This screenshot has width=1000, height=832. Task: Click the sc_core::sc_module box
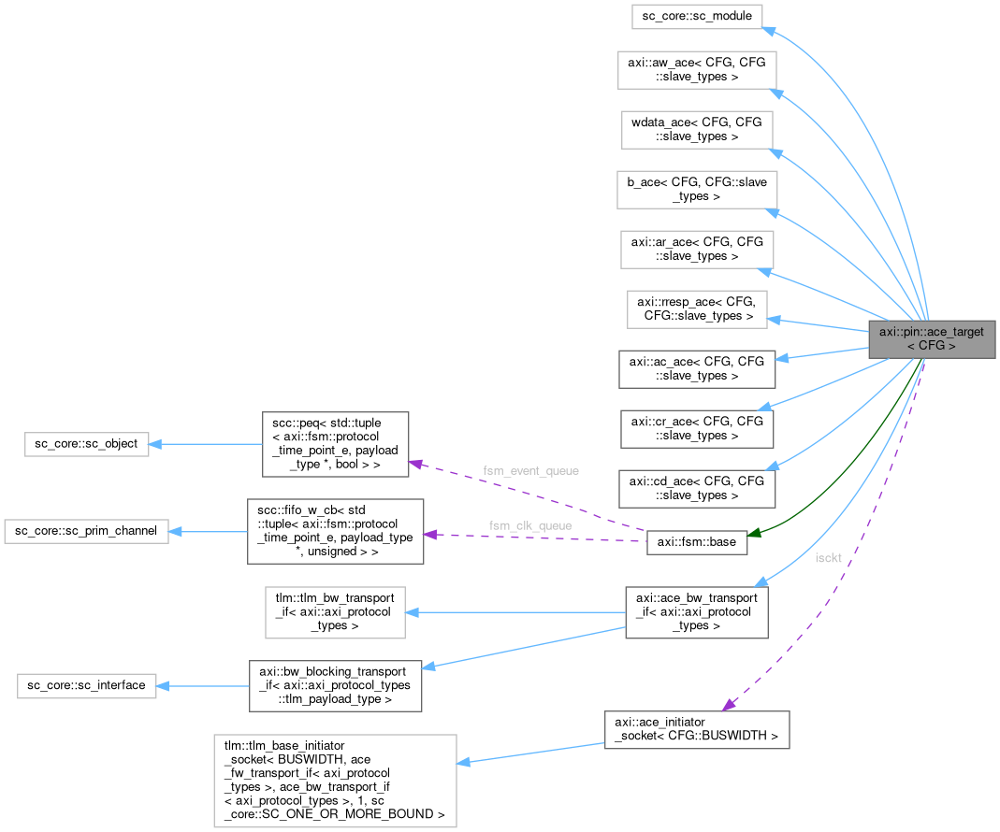pyautogui.click(x=697, y=16)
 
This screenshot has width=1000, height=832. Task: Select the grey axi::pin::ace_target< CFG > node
pyautogui.click(x=931, y=338)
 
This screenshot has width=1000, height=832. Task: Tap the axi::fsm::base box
pyautogui.click(x=697, y=542)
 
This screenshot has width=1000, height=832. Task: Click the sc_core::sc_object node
pyautogui.click(x=86, y=443)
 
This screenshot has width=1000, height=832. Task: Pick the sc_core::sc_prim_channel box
pyautogui.click(x=86, y=531)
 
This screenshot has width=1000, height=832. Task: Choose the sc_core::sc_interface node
pyautogui.click(x=86, y=685)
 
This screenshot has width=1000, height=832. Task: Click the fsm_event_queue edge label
pyautogui.click(x=530, y=469)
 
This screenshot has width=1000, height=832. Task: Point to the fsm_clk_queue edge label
pyautogui.click(x=530, y=525)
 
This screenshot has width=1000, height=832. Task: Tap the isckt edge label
pyautogui.click(x=828, y=557)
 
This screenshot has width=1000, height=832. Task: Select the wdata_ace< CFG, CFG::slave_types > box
pyautogui.click(x=697, y=129)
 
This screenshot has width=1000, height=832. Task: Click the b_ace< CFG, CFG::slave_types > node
pyautogui.click(x=697, y=189)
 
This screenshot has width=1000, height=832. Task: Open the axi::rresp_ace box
pyautogui.click(x=697, y=308)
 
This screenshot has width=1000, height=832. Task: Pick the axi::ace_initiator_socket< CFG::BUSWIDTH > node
pyautogui.click(x=697, y=729)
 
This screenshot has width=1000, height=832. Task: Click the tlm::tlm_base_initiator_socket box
pyautogui.click(x=335, y=780)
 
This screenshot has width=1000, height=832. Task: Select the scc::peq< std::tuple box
pyautogui.click(x=335, y=443)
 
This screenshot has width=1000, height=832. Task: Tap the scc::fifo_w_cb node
pyautogui.click(x=335, y=531)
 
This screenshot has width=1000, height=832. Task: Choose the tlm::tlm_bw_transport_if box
pyautogui.click(x=335, y=613)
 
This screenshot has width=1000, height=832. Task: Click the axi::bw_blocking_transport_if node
pyautogui.click(x=335, y=685)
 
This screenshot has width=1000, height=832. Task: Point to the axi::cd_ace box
pyautogui.click(x=697, y=488)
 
